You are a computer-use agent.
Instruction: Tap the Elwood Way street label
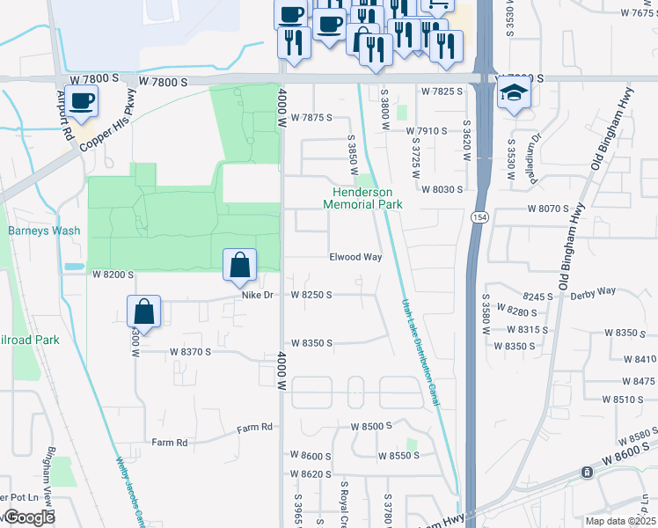tap(355, 257)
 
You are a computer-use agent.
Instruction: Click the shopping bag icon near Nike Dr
tap(240, 264)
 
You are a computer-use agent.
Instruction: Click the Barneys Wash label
tap(44, 231)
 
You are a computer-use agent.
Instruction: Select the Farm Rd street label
tap(170, 442)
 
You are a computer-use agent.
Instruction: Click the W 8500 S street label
tap(370, 426)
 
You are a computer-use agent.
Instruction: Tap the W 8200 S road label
tap(113, 275)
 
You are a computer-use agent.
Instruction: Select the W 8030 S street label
tap(442, 189)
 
